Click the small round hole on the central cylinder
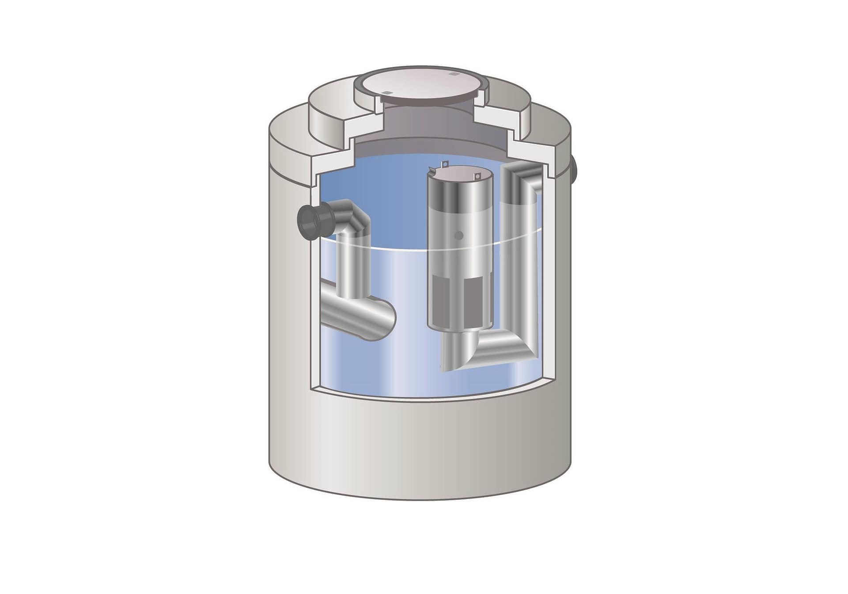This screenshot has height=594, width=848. [x=459, y=236]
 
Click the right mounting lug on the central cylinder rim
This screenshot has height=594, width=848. [x=477, y=177]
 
